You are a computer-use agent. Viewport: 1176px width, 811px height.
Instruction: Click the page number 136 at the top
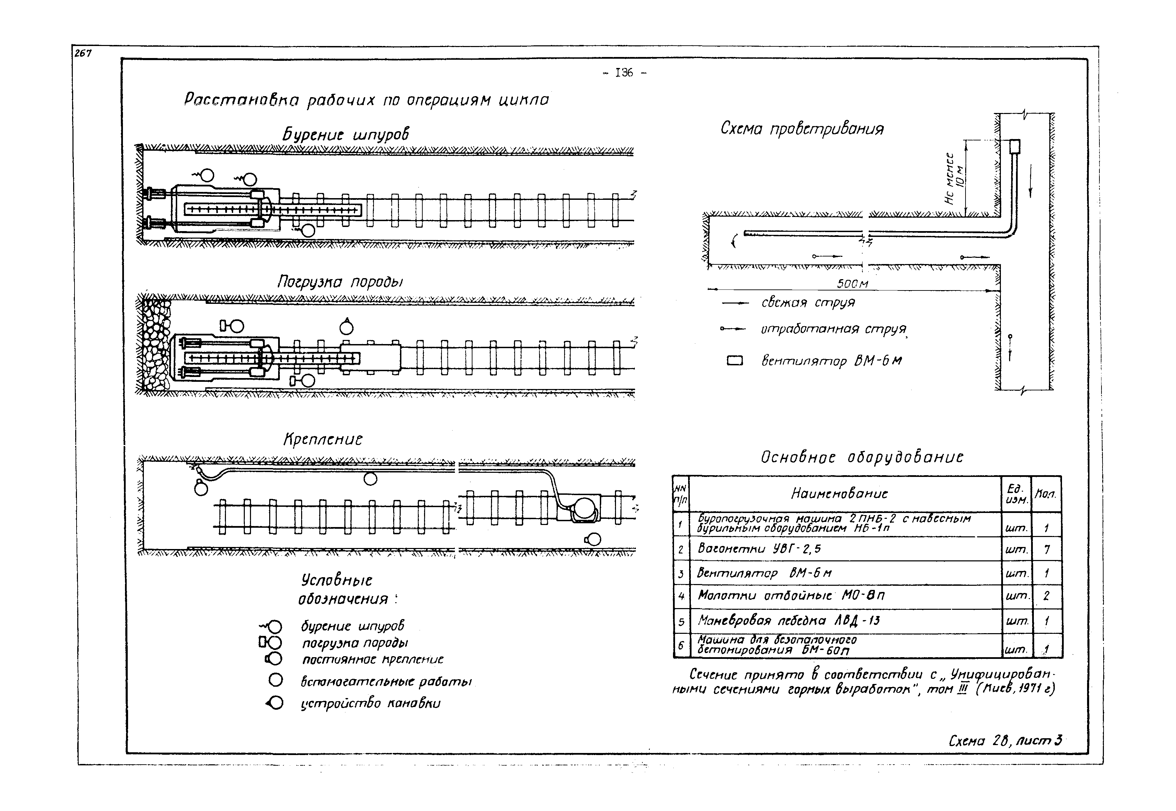[x=624, y=73]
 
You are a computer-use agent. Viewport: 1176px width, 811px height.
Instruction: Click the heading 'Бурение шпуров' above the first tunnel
[x=345, y=135]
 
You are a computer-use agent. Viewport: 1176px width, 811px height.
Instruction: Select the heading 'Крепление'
[x=323, y=439]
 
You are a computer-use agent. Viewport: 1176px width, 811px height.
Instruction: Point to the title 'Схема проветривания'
[x=802, y=128]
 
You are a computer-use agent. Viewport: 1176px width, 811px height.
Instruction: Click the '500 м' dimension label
[x=852, y=284]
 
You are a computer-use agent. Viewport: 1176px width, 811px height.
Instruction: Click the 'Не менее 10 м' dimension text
[x=955, y=178]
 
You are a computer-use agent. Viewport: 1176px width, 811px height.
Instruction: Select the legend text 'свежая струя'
[x=808, y=303]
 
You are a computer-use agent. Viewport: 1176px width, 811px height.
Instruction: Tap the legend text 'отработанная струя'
[x=833, y=329]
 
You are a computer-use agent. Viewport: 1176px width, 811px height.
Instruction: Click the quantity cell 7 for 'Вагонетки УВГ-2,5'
[x=1047, y=549]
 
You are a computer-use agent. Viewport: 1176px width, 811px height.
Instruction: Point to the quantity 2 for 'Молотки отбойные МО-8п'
[x=1047, y=596]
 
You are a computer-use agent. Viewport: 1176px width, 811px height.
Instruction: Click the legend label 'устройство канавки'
[x=370, y=704]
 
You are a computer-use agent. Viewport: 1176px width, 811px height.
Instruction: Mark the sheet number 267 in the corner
[x=83, y=53]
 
